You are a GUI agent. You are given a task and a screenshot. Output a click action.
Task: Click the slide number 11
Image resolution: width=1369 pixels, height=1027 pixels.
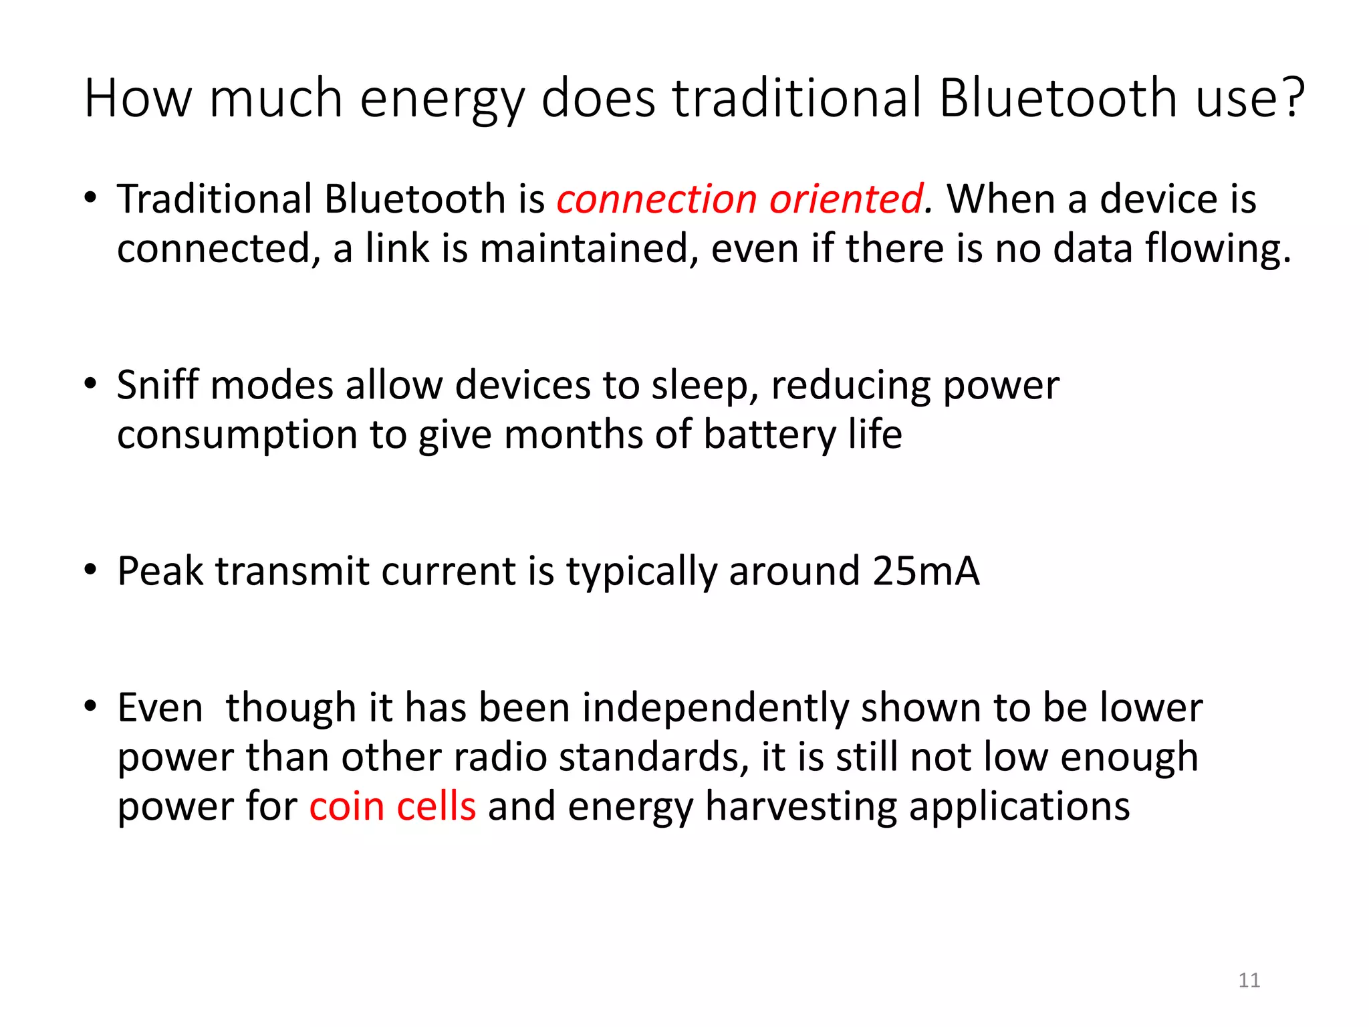tap(1249, 980)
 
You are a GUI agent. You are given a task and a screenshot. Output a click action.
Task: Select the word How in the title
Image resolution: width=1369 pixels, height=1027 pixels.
tap(138, 98)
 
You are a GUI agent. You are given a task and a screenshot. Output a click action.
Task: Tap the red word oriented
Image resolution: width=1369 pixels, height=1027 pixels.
tap(846, 199)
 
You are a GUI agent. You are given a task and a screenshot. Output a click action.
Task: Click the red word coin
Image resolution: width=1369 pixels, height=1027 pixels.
tap(346, 806)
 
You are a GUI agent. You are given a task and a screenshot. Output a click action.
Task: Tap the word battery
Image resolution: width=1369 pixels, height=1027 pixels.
tap(769, 435)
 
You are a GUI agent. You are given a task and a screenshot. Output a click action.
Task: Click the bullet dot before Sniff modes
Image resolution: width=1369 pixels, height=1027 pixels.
tap(90, 384)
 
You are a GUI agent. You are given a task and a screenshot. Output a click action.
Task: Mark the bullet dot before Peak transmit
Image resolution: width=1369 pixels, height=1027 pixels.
tap(90, 570)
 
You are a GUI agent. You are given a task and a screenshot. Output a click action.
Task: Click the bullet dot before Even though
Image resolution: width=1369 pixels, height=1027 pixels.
tap(90, 706)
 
